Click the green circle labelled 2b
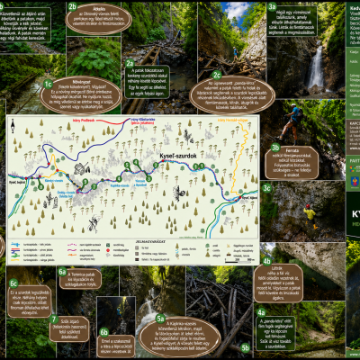click(72, 6)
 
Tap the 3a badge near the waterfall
click(273, 6)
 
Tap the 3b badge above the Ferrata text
click(275, 146)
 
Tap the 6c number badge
click(13, 282)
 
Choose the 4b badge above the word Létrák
click(266, 261)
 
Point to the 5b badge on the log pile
click(246, 346)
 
